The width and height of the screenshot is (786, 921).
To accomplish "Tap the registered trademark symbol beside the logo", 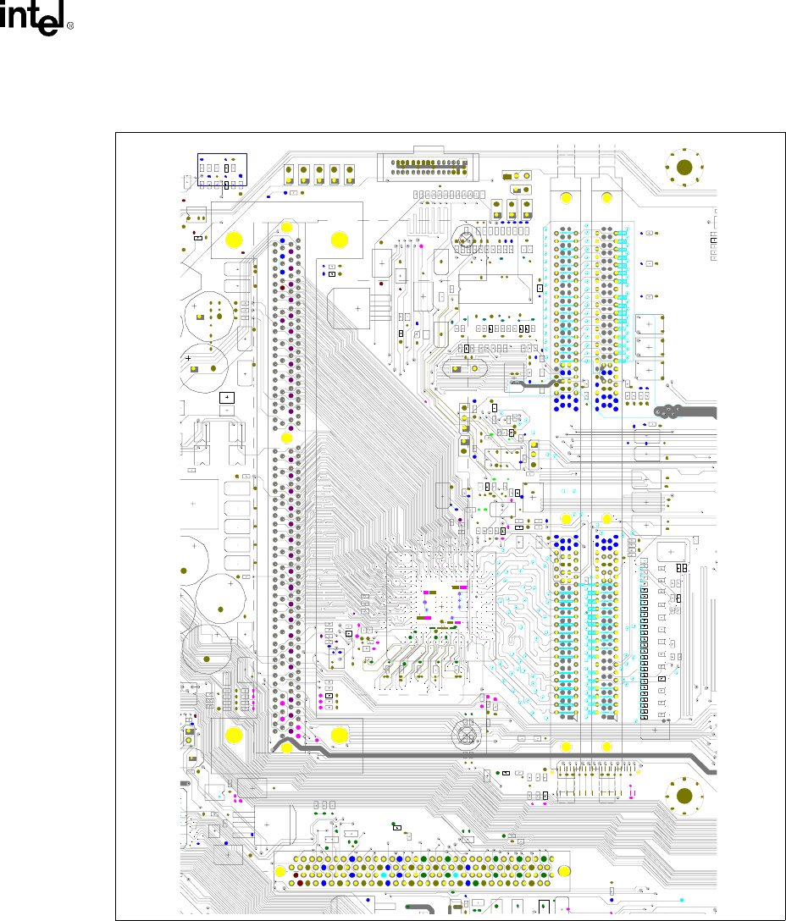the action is click(70, 26).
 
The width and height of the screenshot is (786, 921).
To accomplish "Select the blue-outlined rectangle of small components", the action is click(221, 172).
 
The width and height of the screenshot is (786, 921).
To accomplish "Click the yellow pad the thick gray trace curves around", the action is click(287, 747).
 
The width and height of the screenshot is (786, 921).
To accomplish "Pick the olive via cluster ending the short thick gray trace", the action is click(670, 412).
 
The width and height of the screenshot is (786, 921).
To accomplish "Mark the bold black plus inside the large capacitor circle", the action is click(188, 359).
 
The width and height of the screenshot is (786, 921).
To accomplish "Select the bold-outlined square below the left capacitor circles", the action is click(226, 398).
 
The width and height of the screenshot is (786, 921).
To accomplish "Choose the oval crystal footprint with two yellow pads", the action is click(464, 367).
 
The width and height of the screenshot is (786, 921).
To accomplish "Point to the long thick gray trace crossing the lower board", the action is click(508, 753).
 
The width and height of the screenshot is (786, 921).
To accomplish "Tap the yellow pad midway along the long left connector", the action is click(286, 438).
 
